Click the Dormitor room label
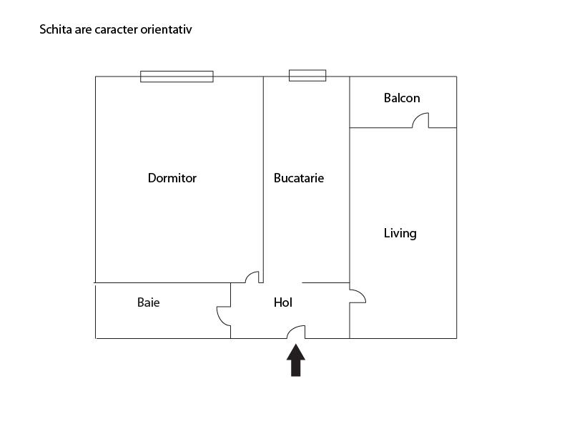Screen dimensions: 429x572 [x=172, y=178]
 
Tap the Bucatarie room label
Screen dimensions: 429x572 [x=299, y=178]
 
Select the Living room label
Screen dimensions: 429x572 [x=400, y=233]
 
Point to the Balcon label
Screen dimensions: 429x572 [x=402, y=98]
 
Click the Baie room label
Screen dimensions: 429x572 [x=149, y=302]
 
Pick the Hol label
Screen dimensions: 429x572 [x=283, y=302]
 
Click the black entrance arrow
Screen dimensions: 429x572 [x=296, y=360]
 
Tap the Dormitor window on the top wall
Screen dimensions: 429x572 [x=177, y=77]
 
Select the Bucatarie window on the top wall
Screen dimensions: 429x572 [x=307, y=75]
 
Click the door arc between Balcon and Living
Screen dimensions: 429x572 [x=420, y=120]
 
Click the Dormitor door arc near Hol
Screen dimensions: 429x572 [x=252, y=276]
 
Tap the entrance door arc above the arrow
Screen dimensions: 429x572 [x=296, y=331]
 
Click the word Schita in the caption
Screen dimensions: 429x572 [x=55, y=30]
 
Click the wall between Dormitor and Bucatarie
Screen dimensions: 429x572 [x=263, y=179]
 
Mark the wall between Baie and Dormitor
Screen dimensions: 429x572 [x=164, y=282]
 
